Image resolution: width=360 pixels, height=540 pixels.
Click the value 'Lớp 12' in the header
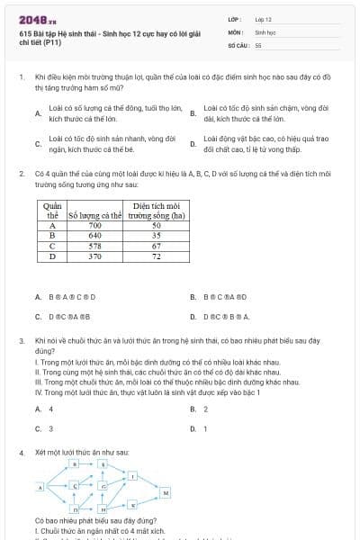pos(264,18)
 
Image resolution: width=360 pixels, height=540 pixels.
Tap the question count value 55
pos(258,44)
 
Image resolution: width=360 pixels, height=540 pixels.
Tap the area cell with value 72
pos(157,256)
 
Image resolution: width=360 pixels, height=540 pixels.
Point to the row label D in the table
pos(52,256)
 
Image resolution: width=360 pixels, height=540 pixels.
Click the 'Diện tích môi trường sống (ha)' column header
pos(157,211)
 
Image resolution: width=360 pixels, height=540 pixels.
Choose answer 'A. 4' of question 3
pos(43,409)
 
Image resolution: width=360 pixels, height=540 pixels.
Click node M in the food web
pos(166,493)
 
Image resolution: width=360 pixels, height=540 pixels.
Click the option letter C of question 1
pos(37,143)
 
